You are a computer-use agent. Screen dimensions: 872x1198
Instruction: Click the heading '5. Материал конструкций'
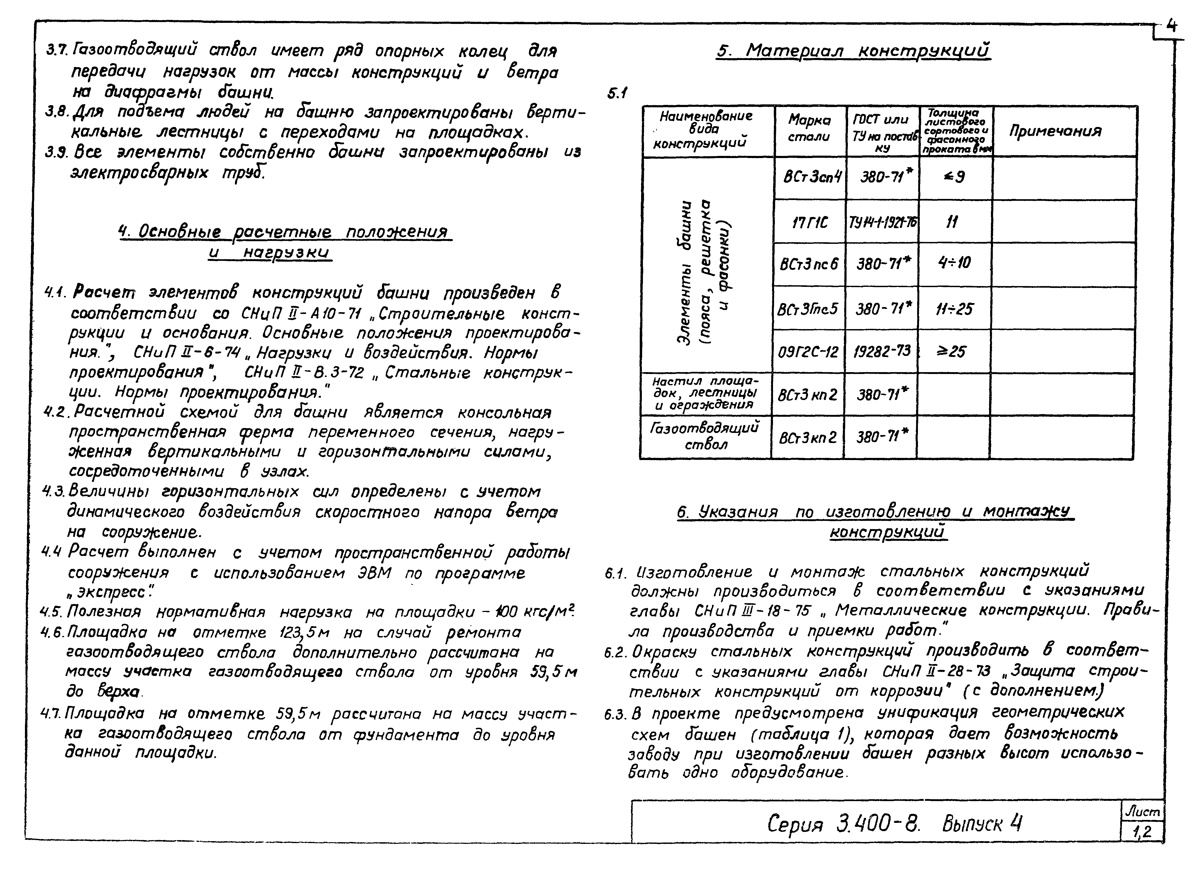(x=853, y=51)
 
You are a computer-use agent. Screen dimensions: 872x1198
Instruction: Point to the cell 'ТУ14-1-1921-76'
(x=882, y=223)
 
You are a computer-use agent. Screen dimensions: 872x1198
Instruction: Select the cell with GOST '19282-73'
(x=882, y=351)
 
